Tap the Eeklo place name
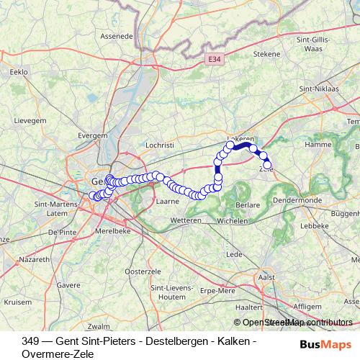pos(18,72)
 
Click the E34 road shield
pos(212,60)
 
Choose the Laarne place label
pos(168,202)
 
